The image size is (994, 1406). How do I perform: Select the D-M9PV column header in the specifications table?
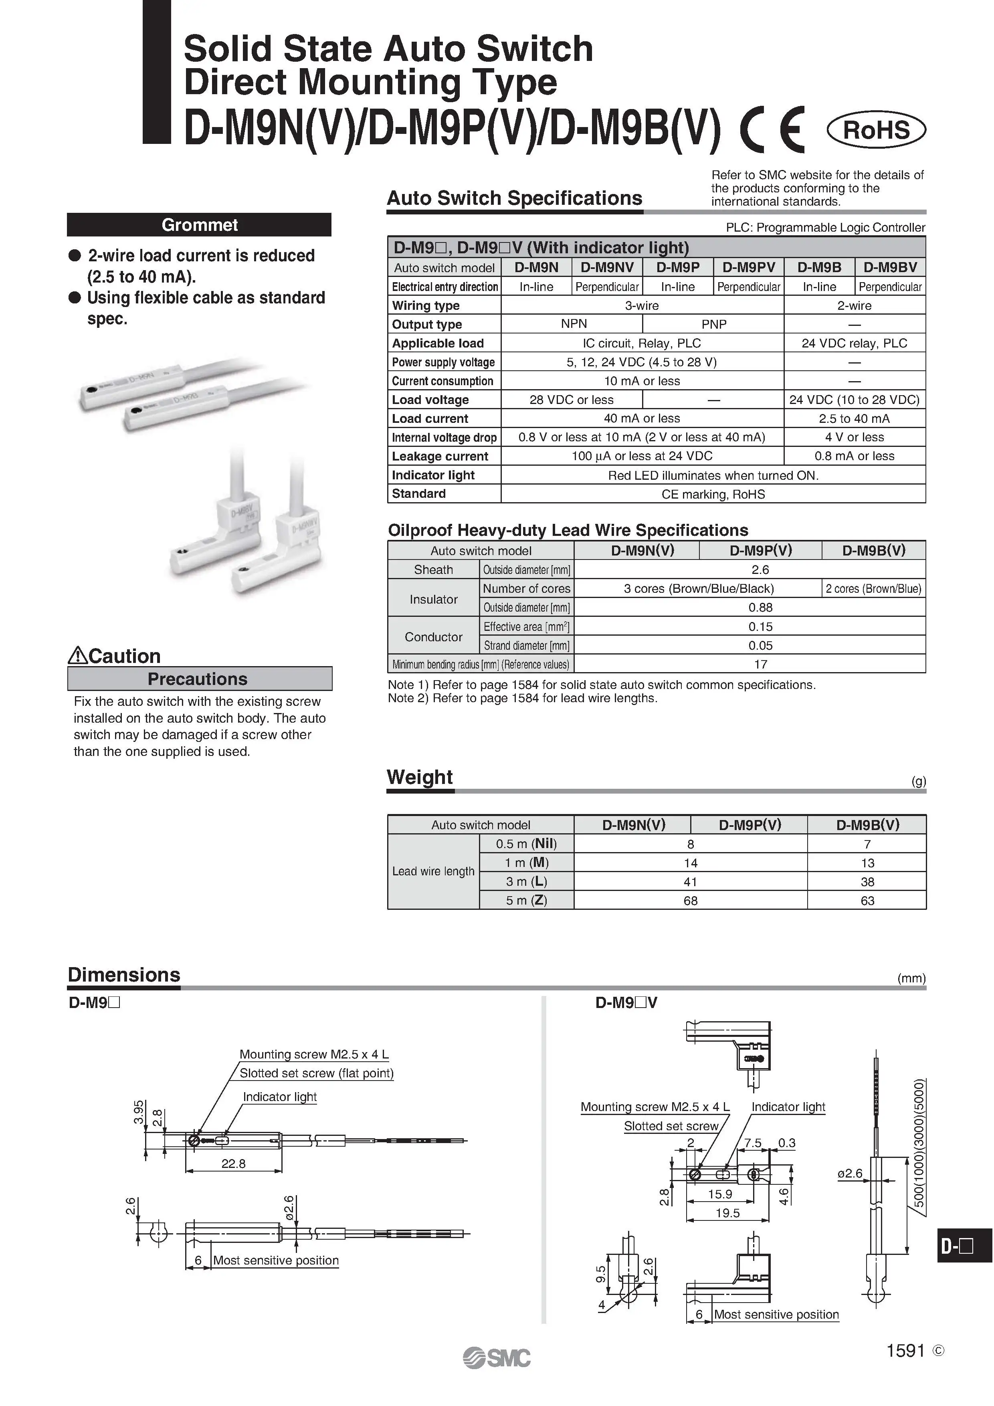pyautogui.click(x=748, y=268)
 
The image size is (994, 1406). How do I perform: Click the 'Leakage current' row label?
pyautogui.click(x=440, y=456)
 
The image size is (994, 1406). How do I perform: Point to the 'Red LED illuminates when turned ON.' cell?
pyautogui.click(x=713, y=475)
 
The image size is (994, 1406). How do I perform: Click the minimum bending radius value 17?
pyautogui.click(x=760, y=665)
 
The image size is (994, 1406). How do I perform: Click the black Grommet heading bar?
pyautogui.click(x=199, y=225)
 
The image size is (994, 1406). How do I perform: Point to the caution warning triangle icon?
pyautogui.click(x=78, y=656)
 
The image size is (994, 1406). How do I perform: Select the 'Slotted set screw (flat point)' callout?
pyautogui.click(x=316, y=1073)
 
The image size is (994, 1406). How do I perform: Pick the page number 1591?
pyautogui.click(x=905, y=1351)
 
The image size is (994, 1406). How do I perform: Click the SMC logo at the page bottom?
pyautogui.click(x=497, y=1358)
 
